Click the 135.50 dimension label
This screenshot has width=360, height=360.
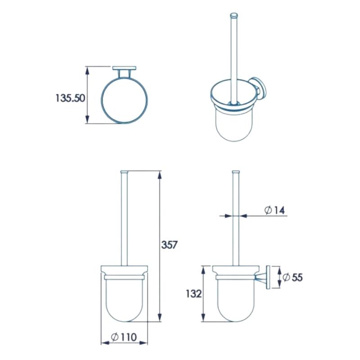[71, 98]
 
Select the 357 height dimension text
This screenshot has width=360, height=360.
[169, 245]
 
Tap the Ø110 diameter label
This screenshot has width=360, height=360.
[124, 337]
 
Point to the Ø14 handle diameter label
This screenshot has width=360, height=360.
[274, 210]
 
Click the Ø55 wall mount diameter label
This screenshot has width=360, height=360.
[292, 277]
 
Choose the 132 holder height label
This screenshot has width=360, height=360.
[194, 294]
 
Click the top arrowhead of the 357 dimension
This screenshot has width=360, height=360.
[160, 175]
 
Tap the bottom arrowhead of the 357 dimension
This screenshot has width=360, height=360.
[160, 317]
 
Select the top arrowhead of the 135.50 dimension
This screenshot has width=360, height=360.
[87, 71]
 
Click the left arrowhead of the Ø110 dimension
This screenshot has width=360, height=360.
[105, 343]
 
